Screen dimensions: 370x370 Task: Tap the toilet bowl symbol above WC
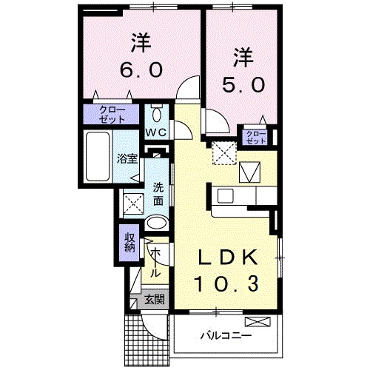coord(156,114)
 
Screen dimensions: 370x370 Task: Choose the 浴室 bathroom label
coord(127,158)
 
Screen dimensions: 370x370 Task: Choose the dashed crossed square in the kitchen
coord(221,152)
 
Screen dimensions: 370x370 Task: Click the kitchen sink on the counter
coord(226,196)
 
